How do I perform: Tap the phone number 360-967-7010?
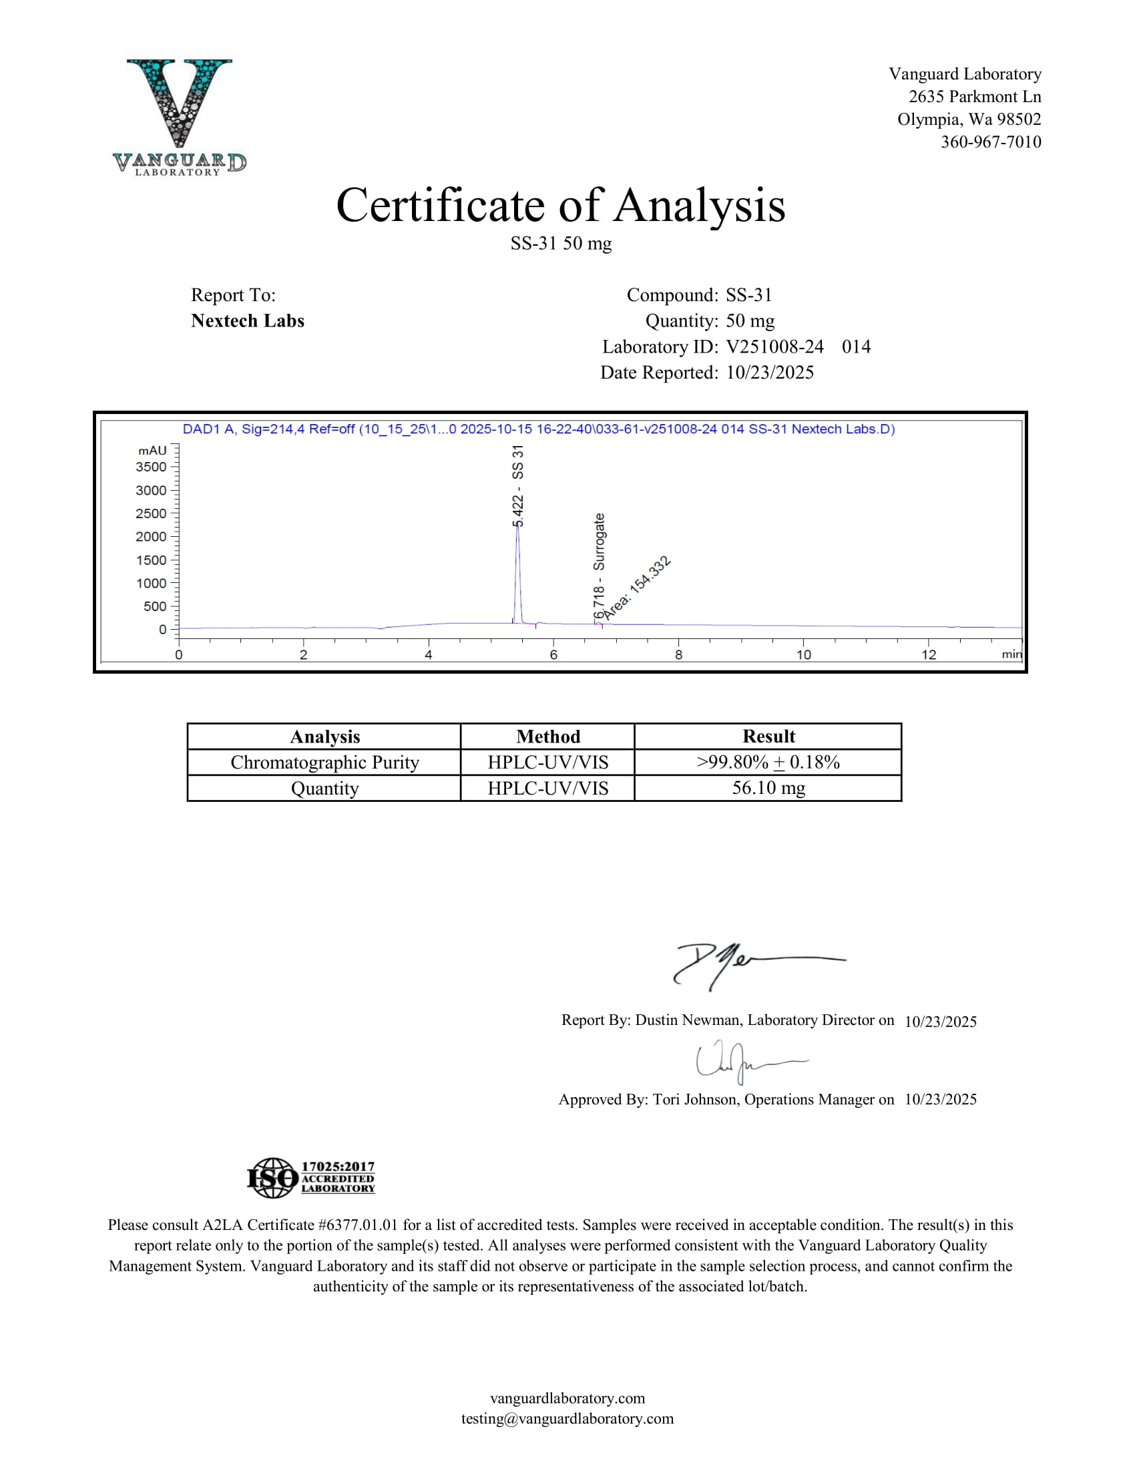tap(990, 142)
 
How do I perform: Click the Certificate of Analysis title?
tap(560, 205)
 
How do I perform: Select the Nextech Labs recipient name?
tap(248, 321)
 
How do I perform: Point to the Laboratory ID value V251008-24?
tap(774, 347)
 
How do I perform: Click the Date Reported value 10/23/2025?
tap(770, 373)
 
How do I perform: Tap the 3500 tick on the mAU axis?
tap(152, 467)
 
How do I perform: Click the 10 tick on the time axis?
tap(803, 654)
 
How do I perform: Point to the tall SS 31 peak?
tap(517, 572)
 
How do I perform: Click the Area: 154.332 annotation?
tap(636, 587)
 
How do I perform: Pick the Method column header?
tap(548, 737)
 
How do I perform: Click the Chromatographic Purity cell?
tap(324, 762)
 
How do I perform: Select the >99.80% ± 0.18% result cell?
tap(768, 762)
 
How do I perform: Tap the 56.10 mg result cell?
tap(768, 788)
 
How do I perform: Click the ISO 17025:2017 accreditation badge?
tap(310, 1178)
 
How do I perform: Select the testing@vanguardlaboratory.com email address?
tap(567, 1418)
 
